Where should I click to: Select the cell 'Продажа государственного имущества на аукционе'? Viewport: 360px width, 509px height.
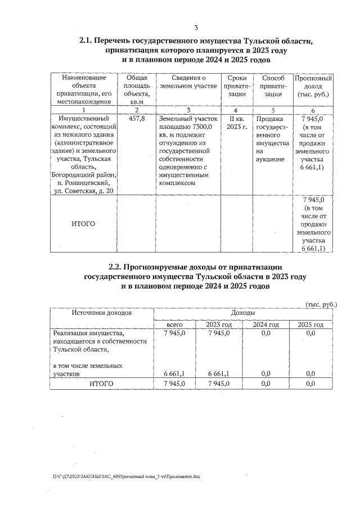tap(272, 139)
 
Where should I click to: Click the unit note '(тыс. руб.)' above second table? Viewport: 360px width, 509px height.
tap(321, 304)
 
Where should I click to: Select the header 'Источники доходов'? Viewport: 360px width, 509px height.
tap(101, 312)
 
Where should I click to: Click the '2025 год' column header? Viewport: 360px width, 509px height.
tap(310, 325)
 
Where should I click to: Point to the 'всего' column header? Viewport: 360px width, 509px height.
tap(175, 325)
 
